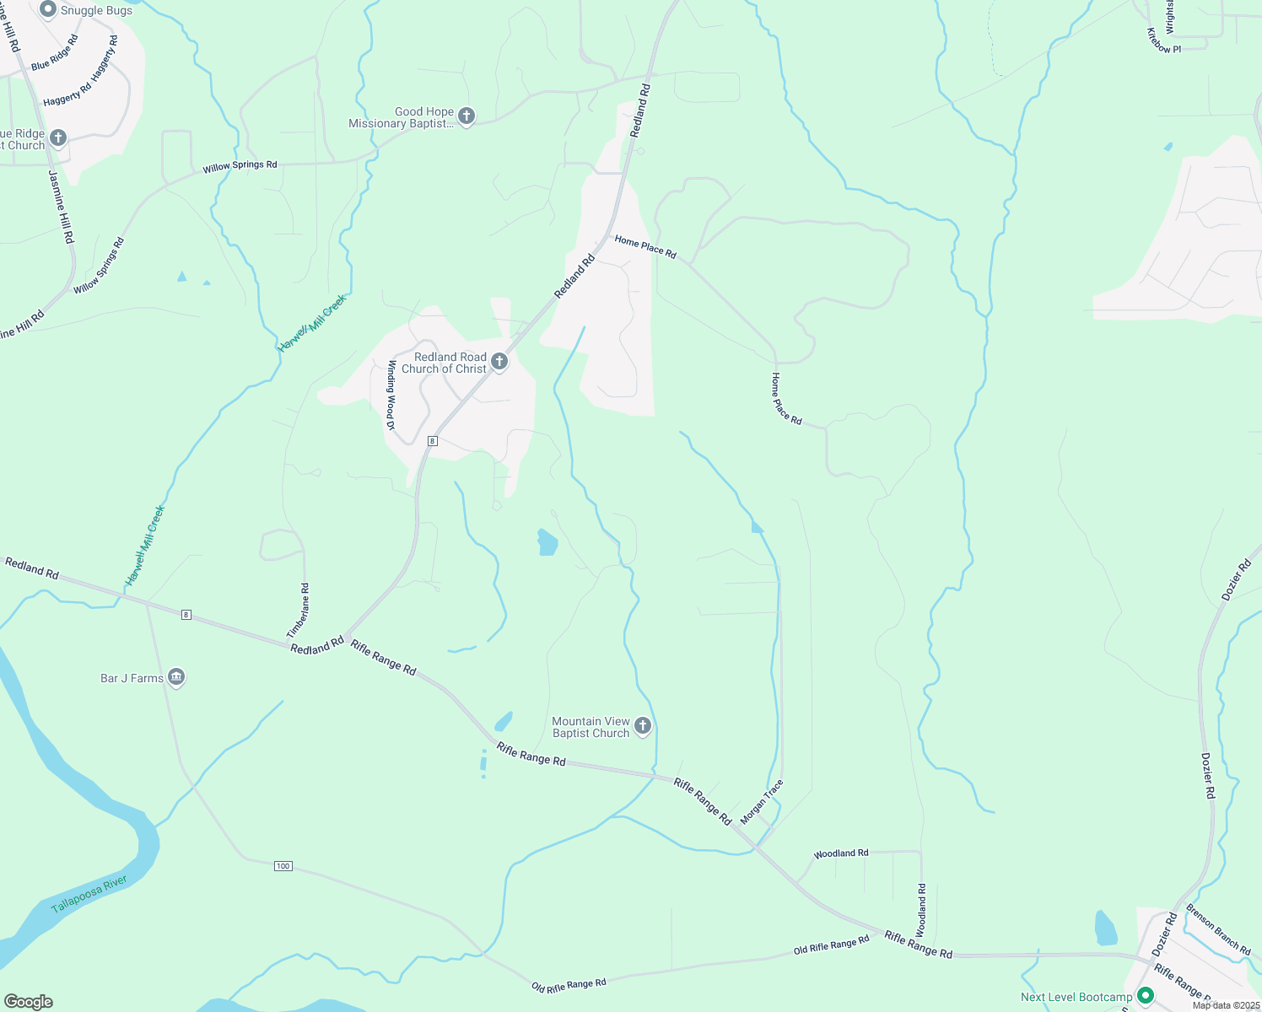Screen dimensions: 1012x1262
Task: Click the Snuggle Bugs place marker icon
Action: point(48,9)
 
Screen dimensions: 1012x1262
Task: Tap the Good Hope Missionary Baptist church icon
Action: point(467,116)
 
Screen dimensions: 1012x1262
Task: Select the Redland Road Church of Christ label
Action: point(445,363)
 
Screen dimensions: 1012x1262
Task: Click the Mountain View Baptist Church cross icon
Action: point(643,726)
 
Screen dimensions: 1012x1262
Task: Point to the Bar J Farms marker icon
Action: point(176,677)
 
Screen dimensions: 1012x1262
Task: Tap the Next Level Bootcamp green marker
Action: point(1146,996)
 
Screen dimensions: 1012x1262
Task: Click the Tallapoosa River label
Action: point(89,895)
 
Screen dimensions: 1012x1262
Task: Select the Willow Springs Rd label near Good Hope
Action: point(240,166)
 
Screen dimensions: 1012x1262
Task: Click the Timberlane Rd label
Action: point(299,611)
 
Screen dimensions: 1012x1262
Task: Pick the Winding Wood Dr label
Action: point(391,395)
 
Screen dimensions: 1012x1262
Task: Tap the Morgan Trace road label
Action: point(762,802)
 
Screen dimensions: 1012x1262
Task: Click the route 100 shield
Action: point(283,866)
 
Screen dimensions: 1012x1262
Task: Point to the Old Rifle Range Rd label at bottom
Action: point(569,985)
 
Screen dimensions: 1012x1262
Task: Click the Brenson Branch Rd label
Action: point(1218,929)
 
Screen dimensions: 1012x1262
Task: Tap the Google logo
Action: point(29,1002)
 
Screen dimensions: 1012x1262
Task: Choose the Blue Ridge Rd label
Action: point(55,52)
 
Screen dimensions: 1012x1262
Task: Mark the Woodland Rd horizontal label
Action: point(840,853)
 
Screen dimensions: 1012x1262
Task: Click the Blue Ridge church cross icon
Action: point(58,137)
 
